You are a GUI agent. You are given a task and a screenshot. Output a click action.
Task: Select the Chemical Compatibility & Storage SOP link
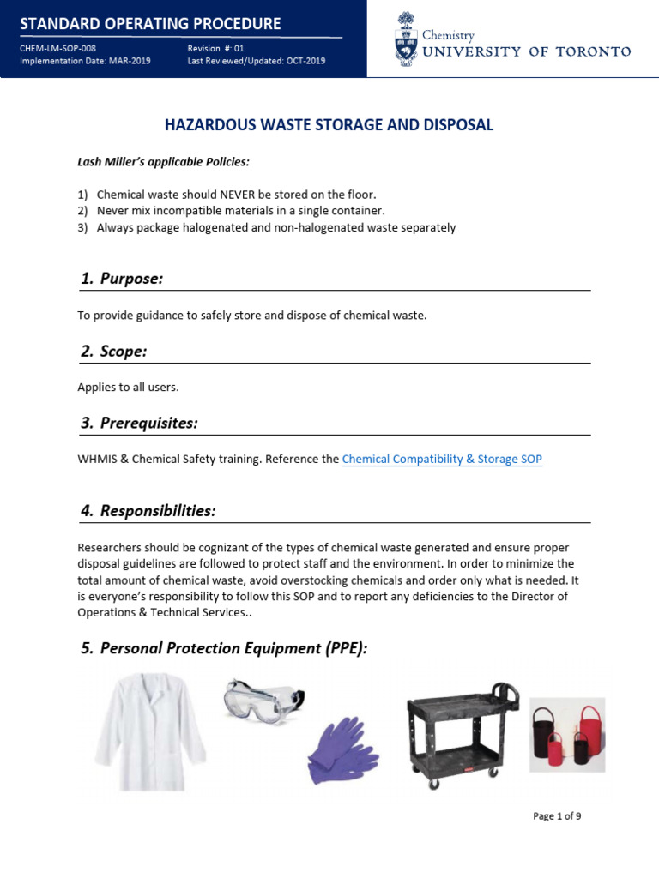point(442,460)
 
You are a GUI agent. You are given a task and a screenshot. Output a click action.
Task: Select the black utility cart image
point(462,734)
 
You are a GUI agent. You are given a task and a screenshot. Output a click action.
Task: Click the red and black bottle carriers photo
point(566,734)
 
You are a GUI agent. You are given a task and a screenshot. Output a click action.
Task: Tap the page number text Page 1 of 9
point(557,816)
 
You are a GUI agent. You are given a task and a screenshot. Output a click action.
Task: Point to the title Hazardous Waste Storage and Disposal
point(329,125)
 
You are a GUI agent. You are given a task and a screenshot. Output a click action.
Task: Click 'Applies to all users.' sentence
point(128,388)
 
